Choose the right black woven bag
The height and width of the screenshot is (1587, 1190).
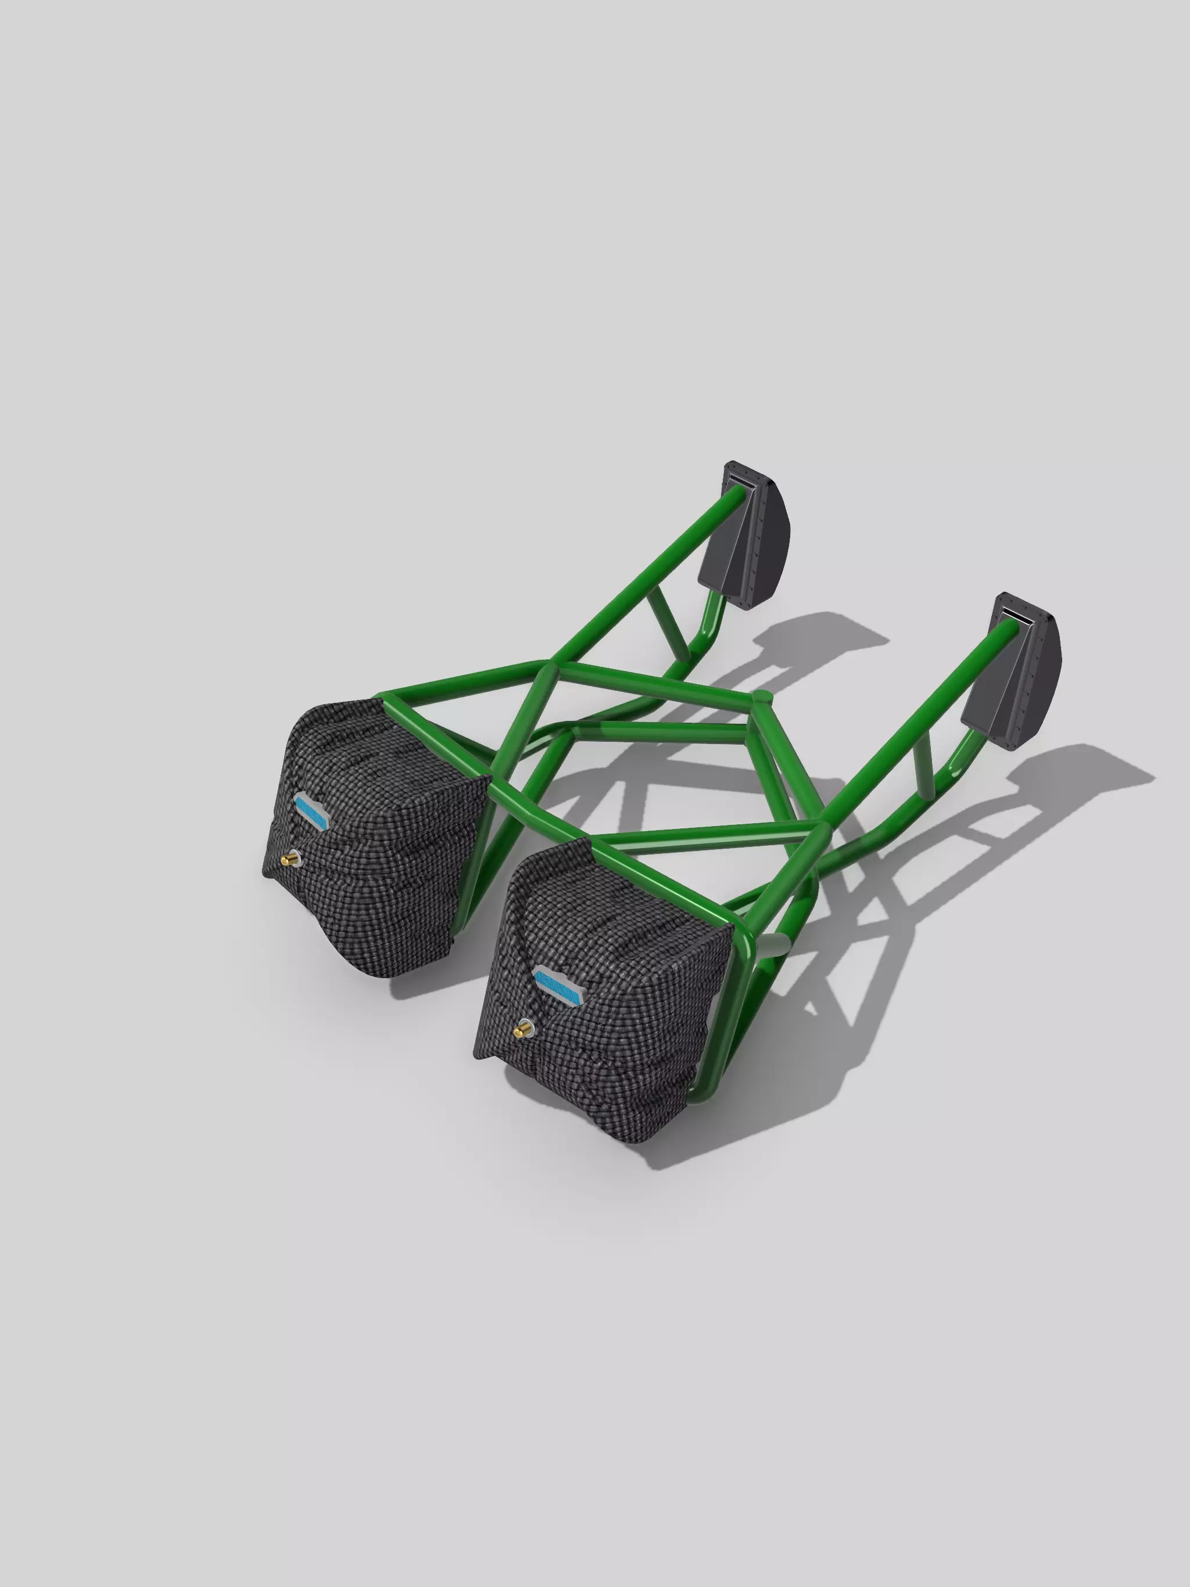pyautogui.click(x=610, y=1004)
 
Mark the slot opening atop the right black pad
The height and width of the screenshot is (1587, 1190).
pyautogui.click(x=1017, y=617)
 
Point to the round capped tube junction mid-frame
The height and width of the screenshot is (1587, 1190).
pyautogui.click(x=762, y=696)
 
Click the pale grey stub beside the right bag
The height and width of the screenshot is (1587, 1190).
pyautogui.click(x=774, y=944)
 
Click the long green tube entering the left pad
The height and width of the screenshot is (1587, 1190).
pyautogui.click(x=646, y=574)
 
